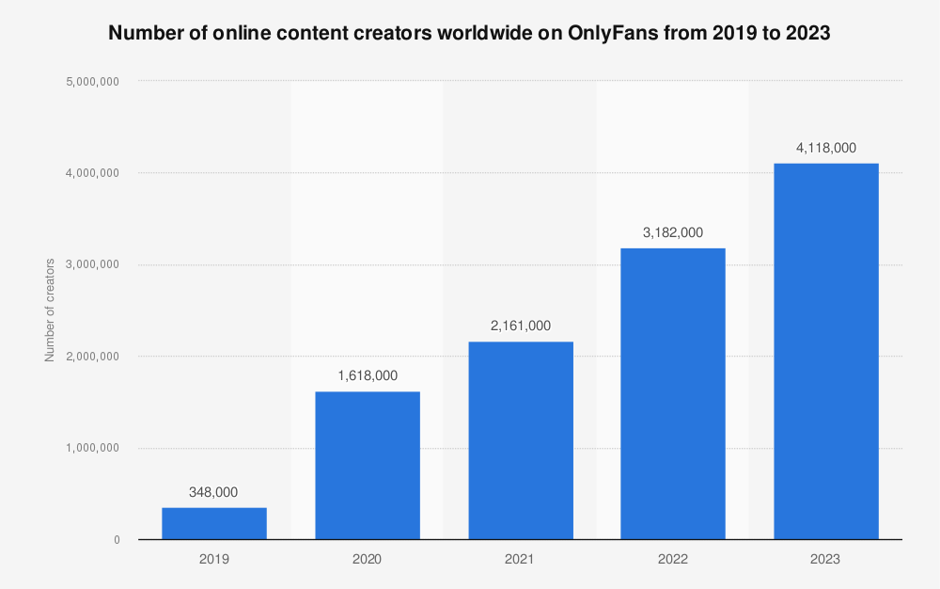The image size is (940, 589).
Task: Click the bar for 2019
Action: point(213,523)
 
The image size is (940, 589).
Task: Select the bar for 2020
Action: point(367,465)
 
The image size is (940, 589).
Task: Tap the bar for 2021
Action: point(520,440)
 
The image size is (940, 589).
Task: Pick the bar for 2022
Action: point(673,393)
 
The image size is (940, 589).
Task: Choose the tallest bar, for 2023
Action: point(826,351)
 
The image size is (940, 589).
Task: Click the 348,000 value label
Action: point(213,492)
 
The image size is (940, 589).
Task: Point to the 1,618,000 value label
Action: point(367,375)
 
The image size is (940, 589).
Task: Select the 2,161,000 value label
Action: point(520,326)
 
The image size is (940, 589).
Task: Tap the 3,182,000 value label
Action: point(673,232)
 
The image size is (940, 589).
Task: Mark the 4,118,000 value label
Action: point(826,148)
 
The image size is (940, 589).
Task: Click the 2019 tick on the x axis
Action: point(213,559)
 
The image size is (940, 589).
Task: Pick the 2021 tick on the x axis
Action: point(520,559)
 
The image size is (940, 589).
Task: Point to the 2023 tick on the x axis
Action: point(826,559)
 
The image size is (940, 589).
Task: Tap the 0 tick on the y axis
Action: point(117,540)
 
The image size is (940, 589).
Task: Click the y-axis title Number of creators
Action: point(50,310)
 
